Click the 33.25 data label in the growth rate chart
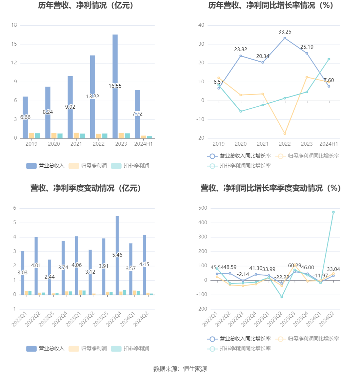tap(285, 32)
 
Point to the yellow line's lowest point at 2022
tap(285, 133)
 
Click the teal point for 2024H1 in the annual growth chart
tap(329, 59)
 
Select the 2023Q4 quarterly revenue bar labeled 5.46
tap(117, 237)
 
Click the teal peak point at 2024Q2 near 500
tap(333, 212)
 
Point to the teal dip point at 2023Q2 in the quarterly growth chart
tap(281, 297)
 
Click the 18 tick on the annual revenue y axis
tap(14, 25)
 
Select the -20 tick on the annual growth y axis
tap(201, 138)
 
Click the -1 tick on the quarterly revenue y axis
tap(14, 309)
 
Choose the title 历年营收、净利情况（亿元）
tap(85, 6)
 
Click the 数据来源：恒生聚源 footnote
tap(180, 369)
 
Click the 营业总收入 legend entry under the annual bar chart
tap(45, 166)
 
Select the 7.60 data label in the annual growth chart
tap(329, 80)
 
